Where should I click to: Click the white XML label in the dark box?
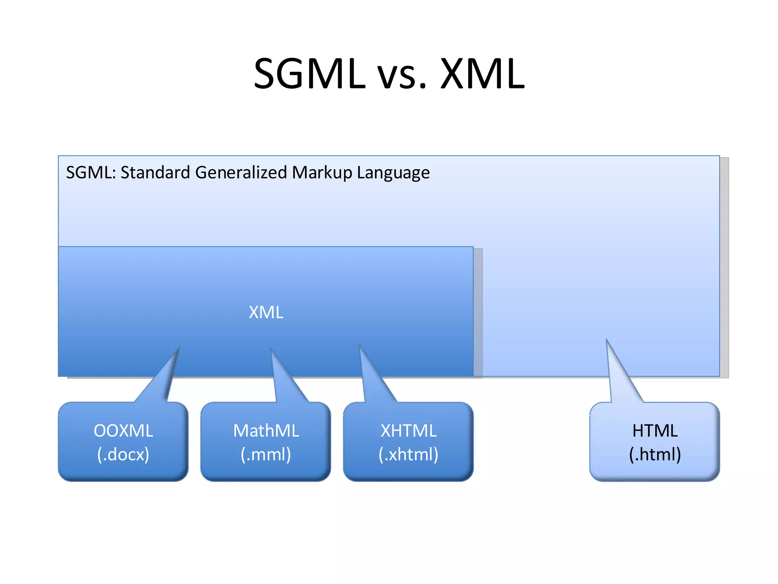266,313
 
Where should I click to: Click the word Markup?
322,173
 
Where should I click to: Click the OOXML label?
123,431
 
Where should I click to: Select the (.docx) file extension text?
123,454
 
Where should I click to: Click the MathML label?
266,431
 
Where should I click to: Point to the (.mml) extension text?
266,454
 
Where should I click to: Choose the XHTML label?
409,431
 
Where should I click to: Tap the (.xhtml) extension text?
409,454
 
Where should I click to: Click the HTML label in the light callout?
655,431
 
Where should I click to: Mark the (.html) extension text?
655,454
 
